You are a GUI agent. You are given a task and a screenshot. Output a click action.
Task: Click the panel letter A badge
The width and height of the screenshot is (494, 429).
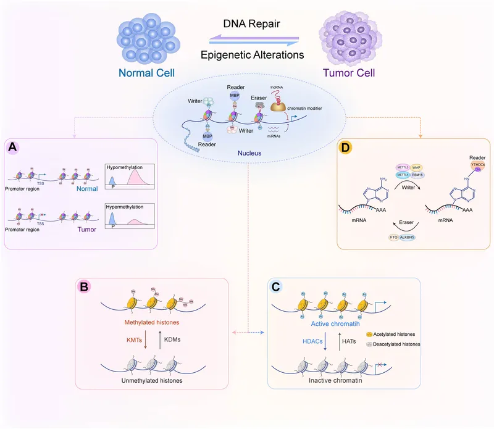[14, 148]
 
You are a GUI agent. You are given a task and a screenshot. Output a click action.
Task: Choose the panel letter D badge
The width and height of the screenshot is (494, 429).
[348, 148]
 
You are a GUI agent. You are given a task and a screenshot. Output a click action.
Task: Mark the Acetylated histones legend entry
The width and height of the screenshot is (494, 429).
[395, 333]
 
